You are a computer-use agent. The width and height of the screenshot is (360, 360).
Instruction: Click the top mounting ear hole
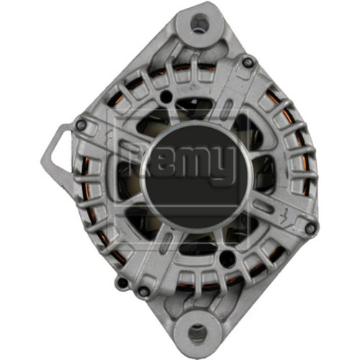point(199,24)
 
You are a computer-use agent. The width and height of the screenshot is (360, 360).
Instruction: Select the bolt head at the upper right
point(248,63)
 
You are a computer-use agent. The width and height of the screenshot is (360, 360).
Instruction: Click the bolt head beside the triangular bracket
point(81,125)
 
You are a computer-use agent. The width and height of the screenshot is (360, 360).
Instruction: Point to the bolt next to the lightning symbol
point(310,229)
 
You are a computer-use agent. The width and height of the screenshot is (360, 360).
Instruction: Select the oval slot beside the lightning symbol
point(269,208)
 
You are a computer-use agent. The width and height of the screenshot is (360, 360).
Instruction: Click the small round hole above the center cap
point(166,96)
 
